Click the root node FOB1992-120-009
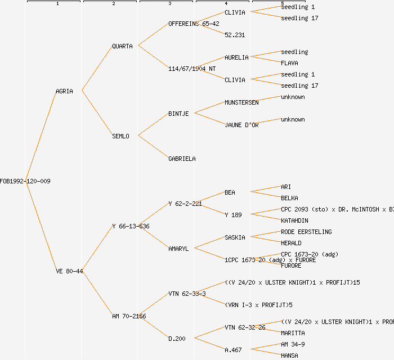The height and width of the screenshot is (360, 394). coord(25,181)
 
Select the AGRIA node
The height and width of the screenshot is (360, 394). coord(64,91)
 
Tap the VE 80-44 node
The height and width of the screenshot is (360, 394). coord(69,271)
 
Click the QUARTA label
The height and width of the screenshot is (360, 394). coord(122,46)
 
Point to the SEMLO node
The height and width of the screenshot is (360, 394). coord(120,136)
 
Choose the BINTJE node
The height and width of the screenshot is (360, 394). coord(178,114)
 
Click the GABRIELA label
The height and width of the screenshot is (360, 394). coord(182,159)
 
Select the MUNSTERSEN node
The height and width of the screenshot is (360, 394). coord(241,102)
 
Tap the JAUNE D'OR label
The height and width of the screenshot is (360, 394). coord(241,125)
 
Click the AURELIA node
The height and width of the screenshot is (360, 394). coord(236,57)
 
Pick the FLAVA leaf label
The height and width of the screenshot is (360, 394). coord(289,63)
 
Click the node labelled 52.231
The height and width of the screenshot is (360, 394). coord(235,35)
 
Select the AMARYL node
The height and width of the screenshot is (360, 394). coord(178,249)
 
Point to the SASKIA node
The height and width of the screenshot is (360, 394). coord(235,237)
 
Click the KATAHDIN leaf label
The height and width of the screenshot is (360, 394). coord(294,220)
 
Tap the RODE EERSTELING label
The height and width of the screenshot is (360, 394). coord(306,232)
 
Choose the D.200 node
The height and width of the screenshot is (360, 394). coord(177,339)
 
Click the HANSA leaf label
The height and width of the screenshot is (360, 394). coord(289,355)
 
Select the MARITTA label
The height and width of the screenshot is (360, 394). coord(293,333)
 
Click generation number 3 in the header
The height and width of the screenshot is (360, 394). coord(169,4)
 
